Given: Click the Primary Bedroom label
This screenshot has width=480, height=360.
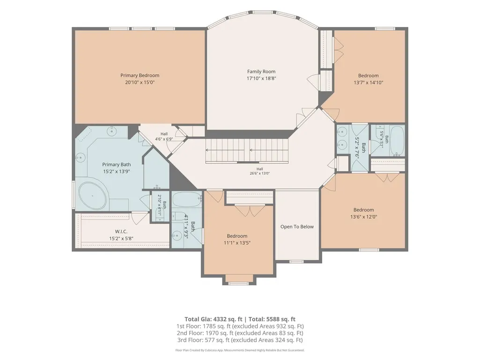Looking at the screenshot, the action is [x=140, y=75].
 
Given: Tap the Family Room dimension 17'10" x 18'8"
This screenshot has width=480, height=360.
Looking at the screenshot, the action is [x=261, y=78].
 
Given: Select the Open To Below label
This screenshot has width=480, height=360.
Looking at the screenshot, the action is [x=297, y=227].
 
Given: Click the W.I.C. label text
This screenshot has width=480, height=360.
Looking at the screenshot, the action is [x=121, y=232].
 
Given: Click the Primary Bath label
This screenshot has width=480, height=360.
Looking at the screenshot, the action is [x=116, y=165].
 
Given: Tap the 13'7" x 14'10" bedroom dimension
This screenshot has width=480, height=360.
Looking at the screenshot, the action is [x=368, y=83].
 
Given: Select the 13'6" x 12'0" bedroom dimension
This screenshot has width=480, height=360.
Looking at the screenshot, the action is [x=364, y=217].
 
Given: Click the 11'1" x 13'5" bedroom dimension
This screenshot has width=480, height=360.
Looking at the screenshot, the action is [x=237, y=243].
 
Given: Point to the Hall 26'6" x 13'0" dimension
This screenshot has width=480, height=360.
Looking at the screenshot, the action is [x=259, y=173].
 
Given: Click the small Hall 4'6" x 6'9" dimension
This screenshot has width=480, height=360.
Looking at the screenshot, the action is [x=164, y=139].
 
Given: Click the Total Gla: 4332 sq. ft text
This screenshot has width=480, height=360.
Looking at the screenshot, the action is [x=214, y=319].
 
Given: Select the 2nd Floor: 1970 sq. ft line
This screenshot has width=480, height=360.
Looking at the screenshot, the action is [x=240, y=333].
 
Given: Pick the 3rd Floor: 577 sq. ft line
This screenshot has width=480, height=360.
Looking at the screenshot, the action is [x=240, y=340].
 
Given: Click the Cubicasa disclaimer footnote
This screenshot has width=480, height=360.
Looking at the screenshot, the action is [x=240, y=350].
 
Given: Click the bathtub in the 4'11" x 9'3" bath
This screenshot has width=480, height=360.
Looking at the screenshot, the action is [x=186, y=200].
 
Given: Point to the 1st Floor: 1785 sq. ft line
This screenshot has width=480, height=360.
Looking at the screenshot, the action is [x=240, y=326].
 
